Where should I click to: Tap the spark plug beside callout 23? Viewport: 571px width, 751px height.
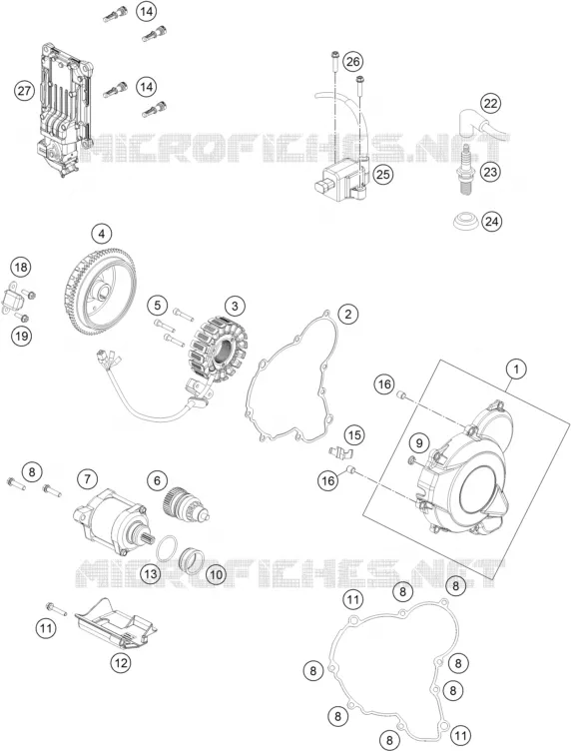[x=466, y=172]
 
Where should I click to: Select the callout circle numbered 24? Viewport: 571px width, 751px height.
[x=492, y=222]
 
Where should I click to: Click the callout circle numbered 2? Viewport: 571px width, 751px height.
[x=348, y=315]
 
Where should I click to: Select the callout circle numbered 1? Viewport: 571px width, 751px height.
[x=516, y=370]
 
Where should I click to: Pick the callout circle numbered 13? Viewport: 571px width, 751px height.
[x=151, y=573]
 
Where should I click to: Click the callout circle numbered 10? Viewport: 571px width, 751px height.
[x=216, y=573]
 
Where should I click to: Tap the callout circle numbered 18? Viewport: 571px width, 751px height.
[x=21, y=267]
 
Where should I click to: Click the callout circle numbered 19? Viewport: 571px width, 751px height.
[x=21, y=336]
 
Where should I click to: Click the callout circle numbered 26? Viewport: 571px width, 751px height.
[x=352, y=62]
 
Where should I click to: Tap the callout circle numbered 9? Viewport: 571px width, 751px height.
[x=419, y=443]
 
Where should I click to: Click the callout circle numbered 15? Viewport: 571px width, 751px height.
[x=354, y=435]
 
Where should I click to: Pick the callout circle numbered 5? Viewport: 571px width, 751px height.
[x=158, y=304]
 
